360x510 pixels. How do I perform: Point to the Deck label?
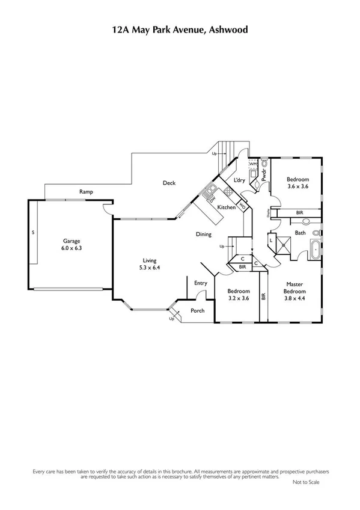pyautogui.click(x=169, y=183)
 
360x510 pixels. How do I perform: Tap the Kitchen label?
pyautogui.click(x=226, y=207)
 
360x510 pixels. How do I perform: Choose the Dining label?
pyautogui.click(x=203, y=234)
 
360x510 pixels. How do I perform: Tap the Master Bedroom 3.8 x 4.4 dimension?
pyautogui.click(x=294, y=298)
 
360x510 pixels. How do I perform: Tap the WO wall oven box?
pyautogui.click(x=242, y=206)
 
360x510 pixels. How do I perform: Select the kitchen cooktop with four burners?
pyautogui.click(x=228, y=192)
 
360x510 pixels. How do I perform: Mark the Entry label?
pyautogui.click(x=200, y=283)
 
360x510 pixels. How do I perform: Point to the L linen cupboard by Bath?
pyautogui.click(x=271, y=241)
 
